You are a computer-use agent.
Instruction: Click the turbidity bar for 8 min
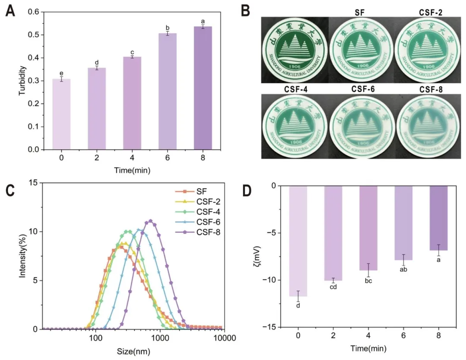tap(202, 88)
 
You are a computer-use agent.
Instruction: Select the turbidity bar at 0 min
tap(61, 114)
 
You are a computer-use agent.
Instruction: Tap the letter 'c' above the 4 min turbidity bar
tap(132, 52)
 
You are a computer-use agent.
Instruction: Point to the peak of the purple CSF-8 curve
tap(151, 221)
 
